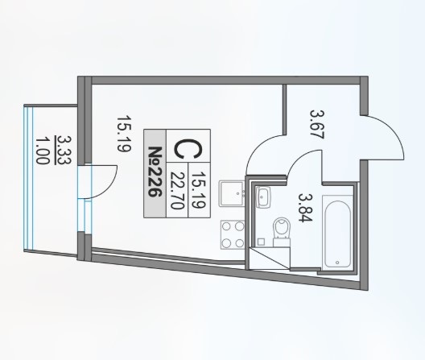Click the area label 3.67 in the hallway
point(317,124)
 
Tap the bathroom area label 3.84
point(306,208)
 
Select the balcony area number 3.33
point(64,150)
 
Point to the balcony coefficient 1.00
point(43,151)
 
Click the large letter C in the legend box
point(188,149)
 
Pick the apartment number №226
point(155,172)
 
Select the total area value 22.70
point(177,191)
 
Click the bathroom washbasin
point(263,197)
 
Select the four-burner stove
point(233,235)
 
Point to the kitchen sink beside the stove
point(232,194)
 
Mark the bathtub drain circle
point(337,263)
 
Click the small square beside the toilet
point(261,242)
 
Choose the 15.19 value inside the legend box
point(199,189)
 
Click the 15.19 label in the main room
point(124,134)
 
